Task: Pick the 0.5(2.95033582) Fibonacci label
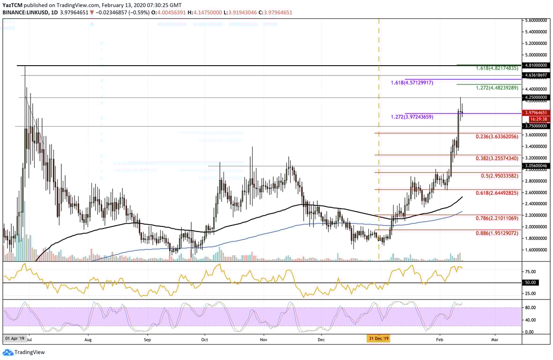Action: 500,176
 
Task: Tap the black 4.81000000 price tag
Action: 536,66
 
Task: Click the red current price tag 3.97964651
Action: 536,112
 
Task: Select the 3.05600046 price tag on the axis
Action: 536,165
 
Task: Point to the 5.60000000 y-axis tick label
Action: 536,21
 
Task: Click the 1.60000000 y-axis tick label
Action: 536,250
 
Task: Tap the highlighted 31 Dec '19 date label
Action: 379,338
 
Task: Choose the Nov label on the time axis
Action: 263,338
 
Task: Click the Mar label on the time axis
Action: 495,338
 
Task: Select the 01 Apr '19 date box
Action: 14,338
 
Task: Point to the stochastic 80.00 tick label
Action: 531,307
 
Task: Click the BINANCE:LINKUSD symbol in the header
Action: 23,12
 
